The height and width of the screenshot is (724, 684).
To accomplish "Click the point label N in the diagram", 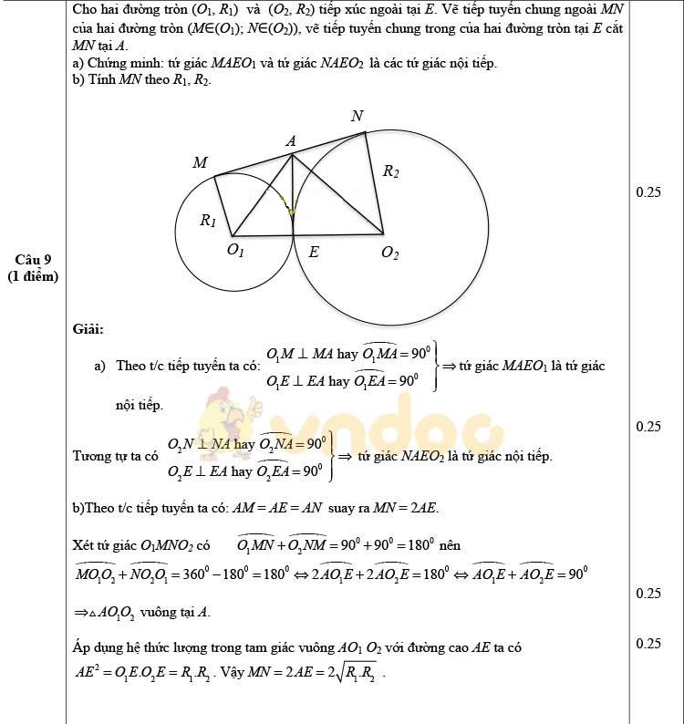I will [x=358, y=116].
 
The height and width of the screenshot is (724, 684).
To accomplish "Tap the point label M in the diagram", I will [x=200, y=162].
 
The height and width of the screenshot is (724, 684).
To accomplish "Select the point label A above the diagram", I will [x=291, y=141].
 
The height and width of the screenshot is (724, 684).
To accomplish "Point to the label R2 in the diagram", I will [x=390, y=171].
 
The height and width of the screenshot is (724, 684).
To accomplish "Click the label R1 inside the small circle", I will [x=208, y=220].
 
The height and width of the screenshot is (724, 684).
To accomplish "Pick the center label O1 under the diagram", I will [x=234, y=251].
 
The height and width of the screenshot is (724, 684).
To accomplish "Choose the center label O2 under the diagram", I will [x=389, y=253].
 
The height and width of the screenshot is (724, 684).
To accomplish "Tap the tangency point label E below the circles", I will [x=314, y=253].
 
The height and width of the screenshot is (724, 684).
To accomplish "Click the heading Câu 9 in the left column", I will [x=33, y=260].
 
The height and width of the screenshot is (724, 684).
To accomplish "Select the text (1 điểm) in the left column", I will [x=33, y=276].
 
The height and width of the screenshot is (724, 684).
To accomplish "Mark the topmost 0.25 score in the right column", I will [x=648, y=192].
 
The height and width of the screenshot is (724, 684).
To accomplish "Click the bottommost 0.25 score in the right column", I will [x=648, y=644].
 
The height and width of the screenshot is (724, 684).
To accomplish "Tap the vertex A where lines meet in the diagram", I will [x=291, y=154].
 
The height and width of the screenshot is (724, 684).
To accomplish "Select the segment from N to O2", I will [x=374, y=182].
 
